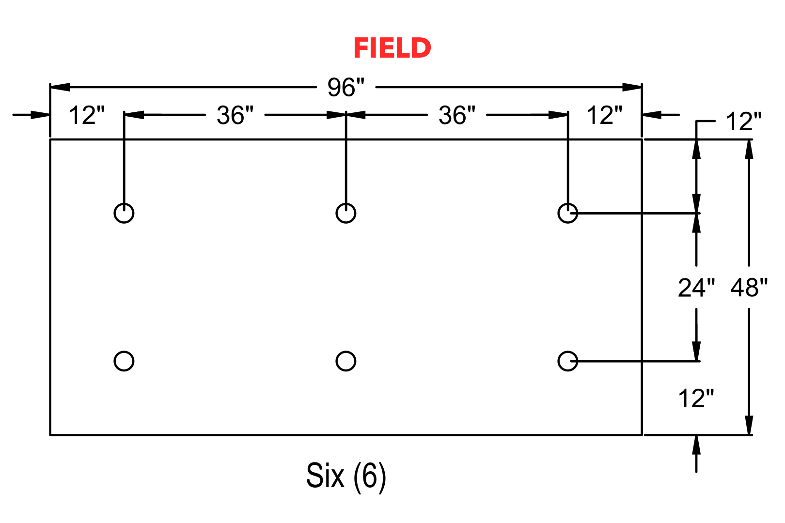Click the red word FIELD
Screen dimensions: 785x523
tap(392, 47)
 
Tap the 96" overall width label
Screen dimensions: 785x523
tap(346, 87)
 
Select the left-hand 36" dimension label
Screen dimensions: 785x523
tap(235, 115)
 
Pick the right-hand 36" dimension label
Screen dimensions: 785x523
tap(457, 115)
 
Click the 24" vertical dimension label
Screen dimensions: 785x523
tap(696, 288)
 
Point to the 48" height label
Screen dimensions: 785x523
tap(749, 288)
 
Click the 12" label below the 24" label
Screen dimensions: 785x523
tap(696, 399)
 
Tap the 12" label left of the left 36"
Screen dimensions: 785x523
tap(87, 115)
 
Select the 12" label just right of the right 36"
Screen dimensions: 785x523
tap(605, 115)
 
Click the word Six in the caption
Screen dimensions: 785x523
tap(325, 476)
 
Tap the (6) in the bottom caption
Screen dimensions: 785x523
tap(369, 477)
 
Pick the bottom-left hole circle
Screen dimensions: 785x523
tap(124, 352)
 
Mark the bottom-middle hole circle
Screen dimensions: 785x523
tap(346, 352)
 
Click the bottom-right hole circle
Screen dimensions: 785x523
tap(568, 352)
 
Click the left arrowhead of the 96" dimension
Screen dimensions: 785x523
tap(60, 87)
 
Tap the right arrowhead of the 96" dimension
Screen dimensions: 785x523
tap(632, 87)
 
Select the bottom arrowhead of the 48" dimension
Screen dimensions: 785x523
tap(749, 425)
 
